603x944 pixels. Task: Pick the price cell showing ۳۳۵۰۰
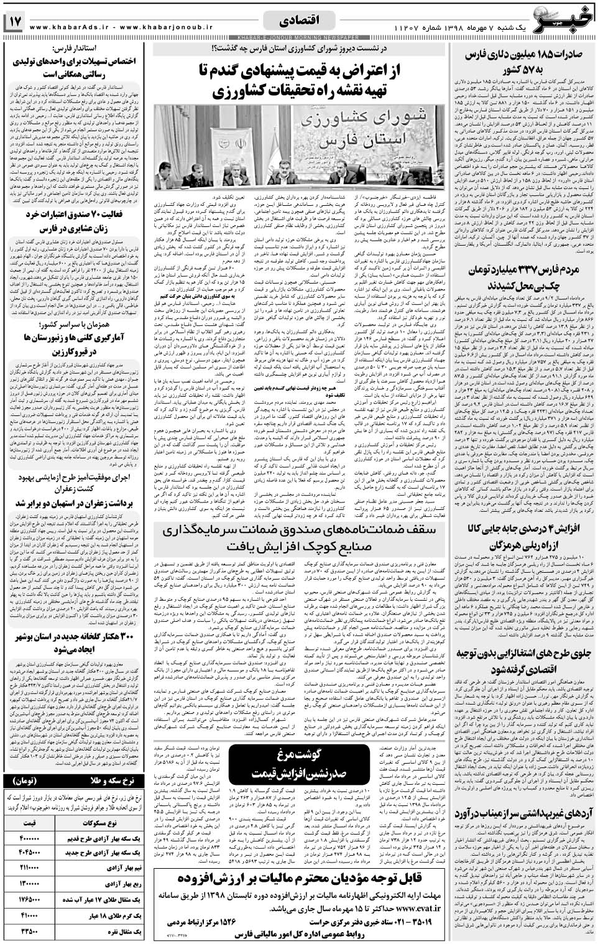tap(30, 932)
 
